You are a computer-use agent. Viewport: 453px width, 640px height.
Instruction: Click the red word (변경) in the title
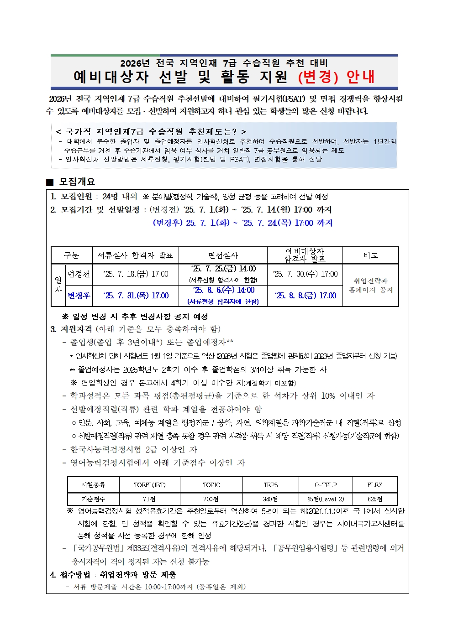click(318, 77)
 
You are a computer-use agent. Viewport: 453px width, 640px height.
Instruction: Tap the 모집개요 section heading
click(77, 182)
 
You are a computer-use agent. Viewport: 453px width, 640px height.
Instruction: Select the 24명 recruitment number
click(110, 197)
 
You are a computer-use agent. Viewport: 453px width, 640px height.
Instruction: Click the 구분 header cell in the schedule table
click(72, 255)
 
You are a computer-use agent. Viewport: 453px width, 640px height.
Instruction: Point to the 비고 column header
click(370, 255)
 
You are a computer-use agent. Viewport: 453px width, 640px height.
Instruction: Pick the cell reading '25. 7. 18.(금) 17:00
click(136, 274)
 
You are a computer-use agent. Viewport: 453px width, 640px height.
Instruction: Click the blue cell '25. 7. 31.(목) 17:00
click(136, 296)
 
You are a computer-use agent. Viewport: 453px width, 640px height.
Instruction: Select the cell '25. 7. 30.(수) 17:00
click(305, 274)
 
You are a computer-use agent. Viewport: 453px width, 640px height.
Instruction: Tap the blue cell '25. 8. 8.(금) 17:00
click(305, 296)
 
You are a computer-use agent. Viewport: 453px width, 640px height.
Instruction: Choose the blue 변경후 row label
click(79, 296)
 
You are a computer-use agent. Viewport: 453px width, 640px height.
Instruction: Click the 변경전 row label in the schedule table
click(79, 274)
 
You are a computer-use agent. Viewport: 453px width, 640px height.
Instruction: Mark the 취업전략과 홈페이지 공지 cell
click(370, 285)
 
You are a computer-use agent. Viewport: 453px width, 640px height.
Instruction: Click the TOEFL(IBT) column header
click(150, 485)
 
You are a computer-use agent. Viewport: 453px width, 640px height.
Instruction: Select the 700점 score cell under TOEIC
click(211, 499)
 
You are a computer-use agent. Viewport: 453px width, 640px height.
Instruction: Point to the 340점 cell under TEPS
click(270, 499)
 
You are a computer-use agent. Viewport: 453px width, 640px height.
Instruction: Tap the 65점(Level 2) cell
click(326, 499)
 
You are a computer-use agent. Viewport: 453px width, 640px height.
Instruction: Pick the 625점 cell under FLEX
click(375, 499)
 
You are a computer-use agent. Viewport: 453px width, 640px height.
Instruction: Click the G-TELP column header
click(326, 485)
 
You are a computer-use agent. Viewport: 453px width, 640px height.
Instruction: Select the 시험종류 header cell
click(93, 485)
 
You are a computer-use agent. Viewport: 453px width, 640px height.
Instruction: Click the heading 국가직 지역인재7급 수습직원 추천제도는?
click(151, 131)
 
